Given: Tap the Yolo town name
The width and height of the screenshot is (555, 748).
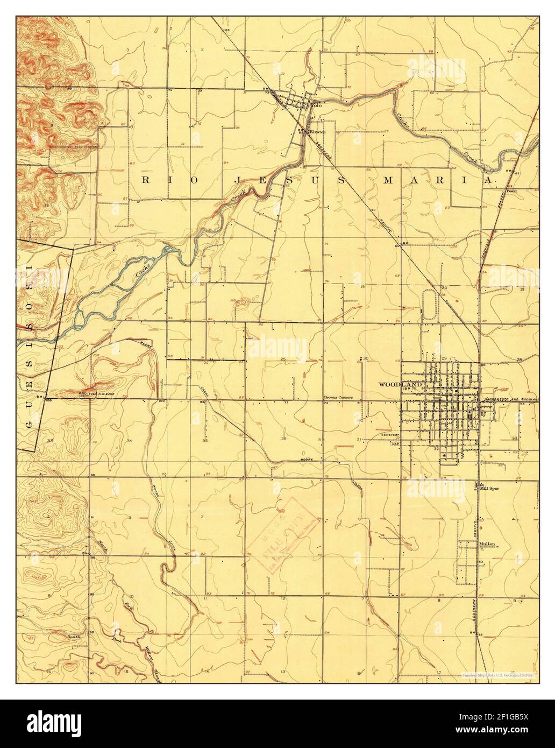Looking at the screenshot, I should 316,105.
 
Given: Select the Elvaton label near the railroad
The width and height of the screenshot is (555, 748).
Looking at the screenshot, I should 317,131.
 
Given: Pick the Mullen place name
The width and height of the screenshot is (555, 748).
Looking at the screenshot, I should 486,544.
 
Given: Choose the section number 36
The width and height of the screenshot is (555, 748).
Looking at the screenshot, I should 283,438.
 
